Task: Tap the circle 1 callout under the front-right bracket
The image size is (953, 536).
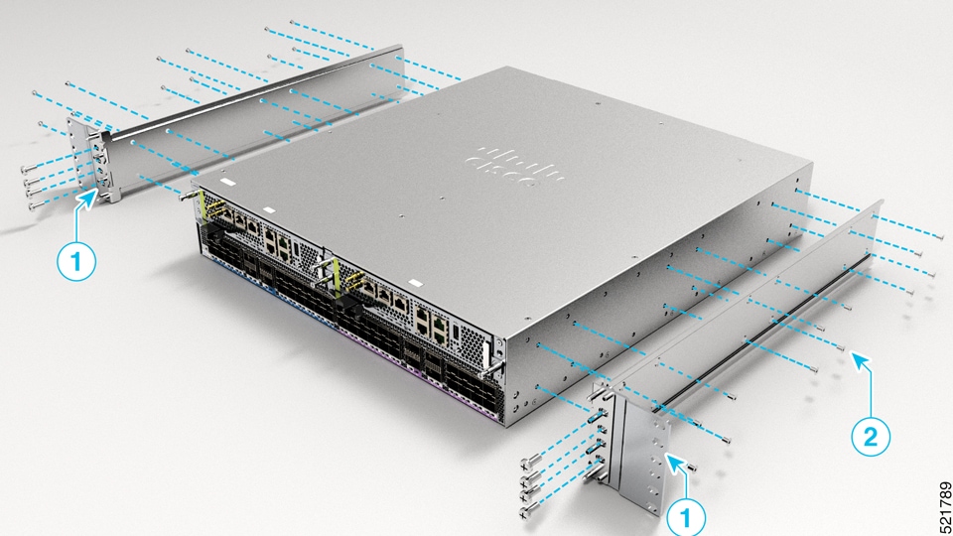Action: (687, 515)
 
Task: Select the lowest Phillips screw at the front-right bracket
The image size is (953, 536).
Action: (523, 512)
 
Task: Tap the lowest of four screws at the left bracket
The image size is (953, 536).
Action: (32, 205)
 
